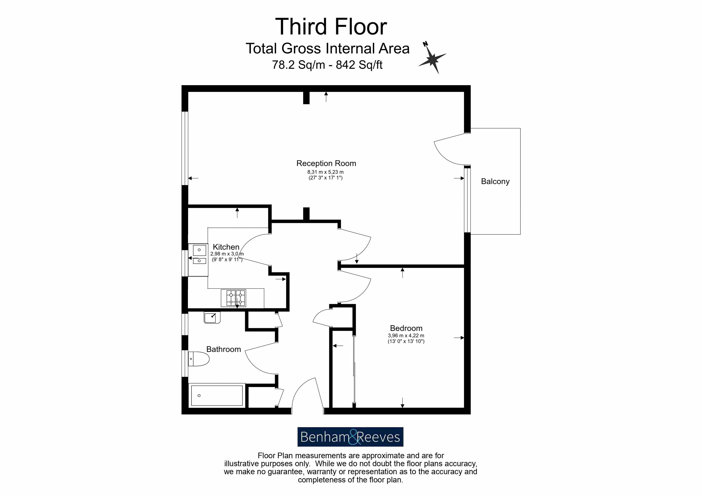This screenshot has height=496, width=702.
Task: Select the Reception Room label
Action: pyautogui.click(x=326, y=163)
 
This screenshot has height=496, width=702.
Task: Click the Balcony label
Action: pyautogui.click(x=495, y=182)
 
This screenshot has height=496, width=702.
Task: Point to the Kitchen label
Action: pyautogui.click(x=226, y=247)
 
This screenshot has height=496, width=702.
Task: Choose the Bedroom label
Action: pyautogui.click(x=406, y=328)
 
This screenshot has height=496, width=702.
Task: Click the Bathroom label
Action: pyautogui.click(x=224, y=349)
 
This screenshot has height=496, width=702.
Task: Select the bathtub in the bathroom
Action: pyautogui.click(x=217, y=395)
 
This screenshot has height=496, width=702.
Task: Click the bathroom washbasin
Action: pyautogui.click(x=212, y=318)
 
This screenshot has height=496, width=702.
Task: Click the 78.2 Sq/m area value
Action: pyautogui.click(x=298, y=65)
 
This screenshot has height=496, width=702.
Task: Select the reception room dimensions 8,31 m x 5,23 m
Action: pyautogui.click(x=325, y=172)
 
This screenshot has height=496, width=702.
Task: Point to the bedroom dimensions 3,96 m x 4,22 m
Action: pyautogui.click(x=406, y=336)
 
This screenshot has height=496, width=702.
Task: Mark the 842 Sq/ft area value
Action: pyautogui.click(x=359, y=65)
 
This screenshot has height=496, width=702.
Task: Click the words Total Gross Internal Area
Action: pyautogui.click(x=327, y=49)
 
